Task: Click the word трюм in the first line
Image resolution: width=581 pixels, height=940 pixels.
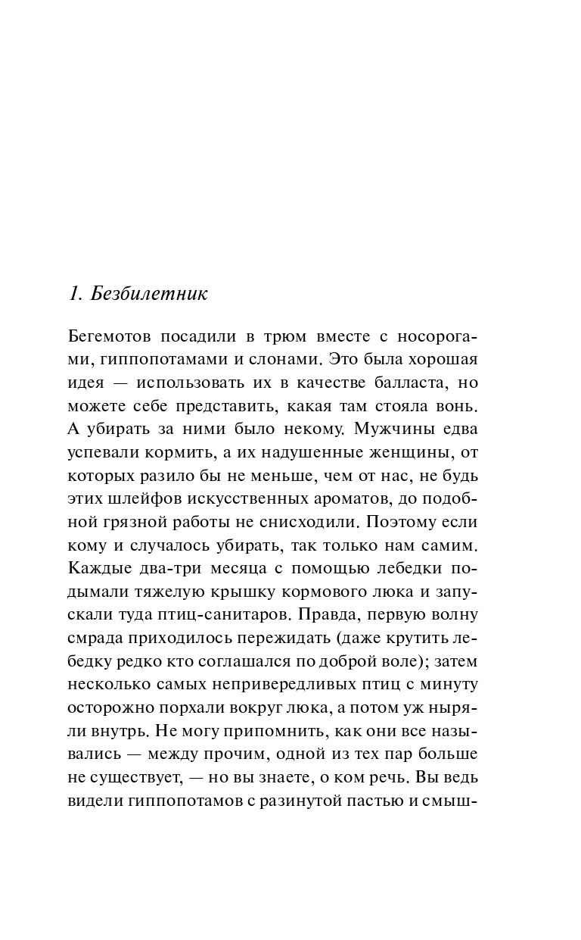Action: [264, 336]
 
